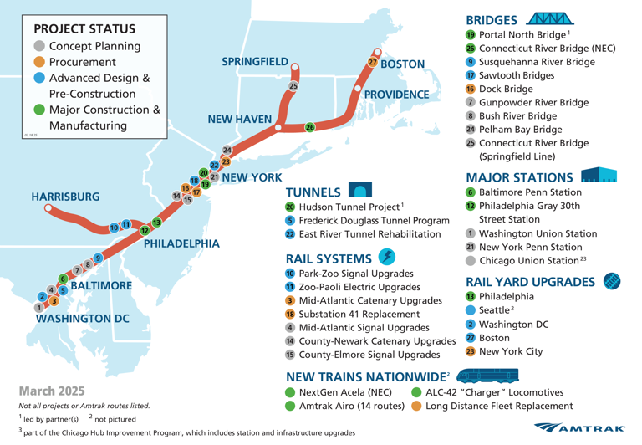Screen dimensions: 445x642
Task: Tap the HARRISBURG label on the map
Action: click(65, 196)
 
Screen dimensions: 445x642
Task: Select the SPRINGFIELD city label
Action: click(255, 62)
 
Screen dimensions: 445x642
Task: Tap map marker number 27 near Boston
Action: click(373, 64)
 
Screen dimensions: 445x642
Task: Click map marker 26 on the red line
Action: click(309, 127)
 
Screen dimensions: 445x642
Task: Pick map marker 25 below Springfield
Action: click(293, 86)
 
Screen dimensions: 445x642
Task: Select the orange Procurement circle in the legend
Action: click(39, 62)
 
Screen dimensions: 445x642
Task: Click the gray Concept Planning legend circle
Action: click(39, 45)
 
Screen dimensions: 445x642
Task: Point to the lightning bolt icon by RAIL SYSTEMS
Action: click(388, 256)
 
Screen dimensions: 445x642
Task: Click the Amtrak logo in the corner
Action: click(584, 427)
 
